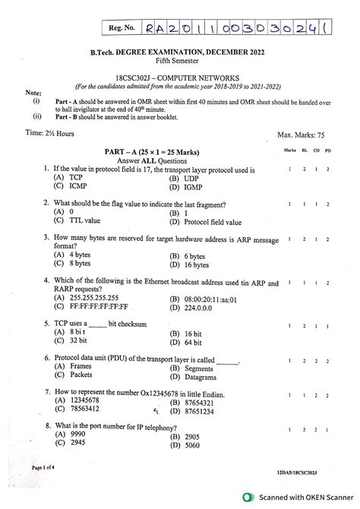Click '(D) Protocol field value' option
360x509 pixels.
[206, 223]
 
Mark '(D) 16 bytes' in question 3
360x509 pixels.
[192, 266]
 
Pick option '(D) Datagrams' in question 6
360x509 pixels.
[195, 376]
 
